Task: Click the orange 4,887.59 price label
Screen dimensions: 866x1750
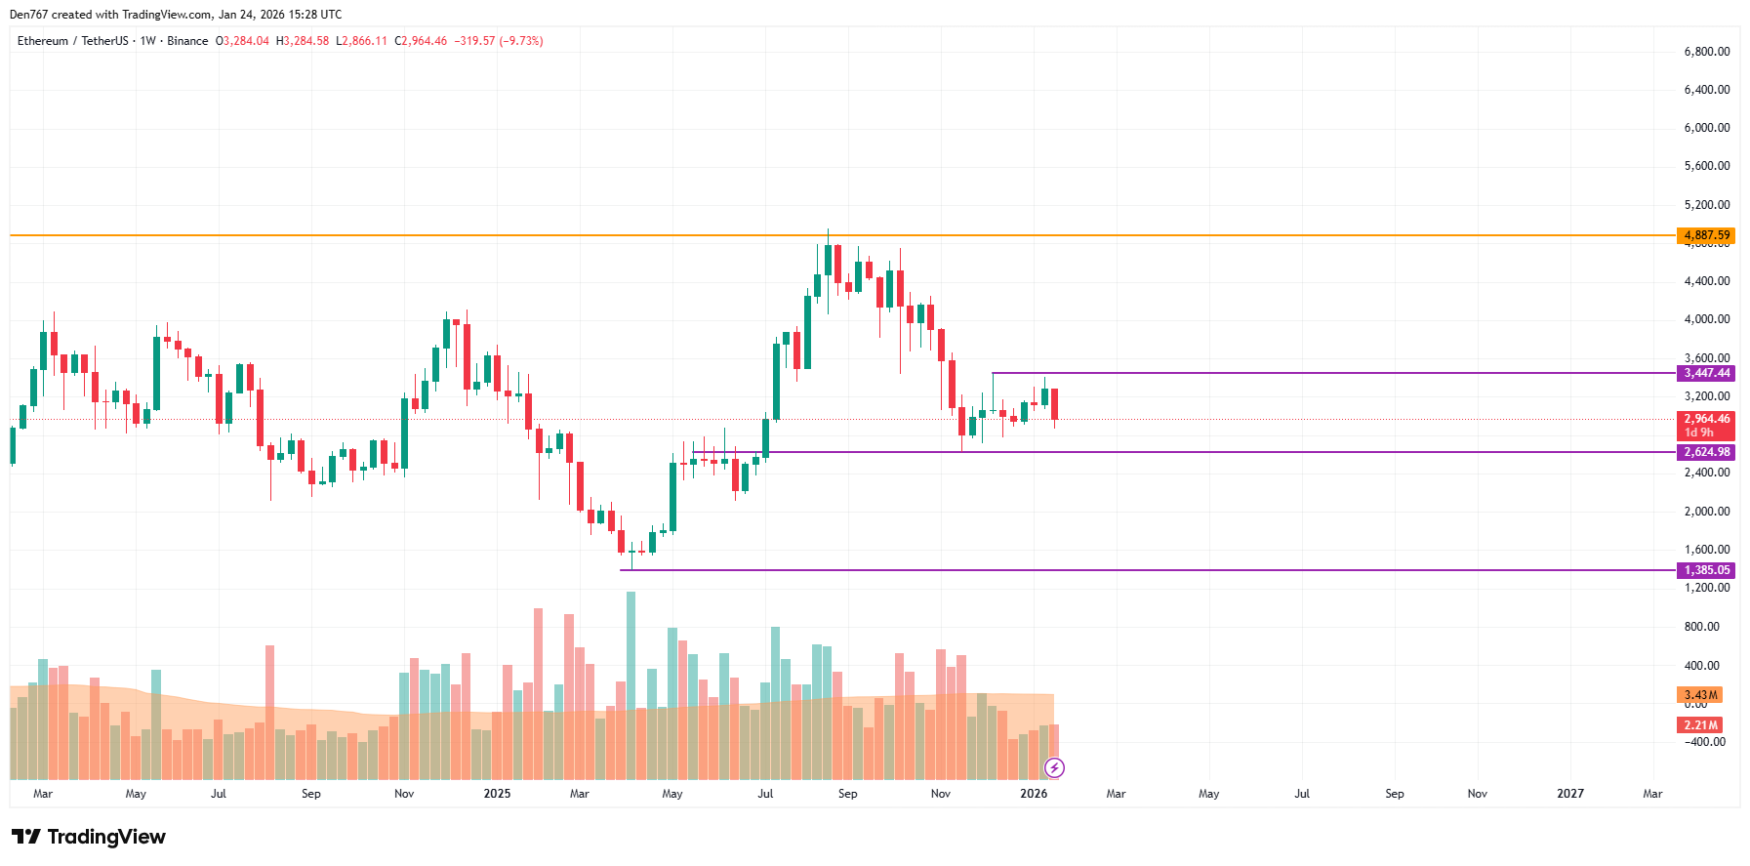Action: click(x=1706, y=235)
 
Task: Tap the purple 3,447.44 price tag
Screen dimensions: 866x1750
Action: click(x=1706, y=373)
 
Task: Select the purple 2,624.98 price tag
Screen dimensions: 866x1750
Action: click(x=1706, y=452)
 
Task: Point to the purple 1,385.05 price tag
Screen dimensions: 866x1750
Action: click(x=1706, y=570)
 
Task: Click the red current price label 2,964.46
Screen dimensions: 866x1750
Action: click(x=1706, y=420)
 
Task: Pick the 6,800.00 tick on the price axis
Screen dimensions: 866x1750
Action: click(x=1706, y=52)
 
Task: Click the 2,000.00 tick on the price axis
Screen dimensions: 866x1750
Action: click(x=1706, y=512)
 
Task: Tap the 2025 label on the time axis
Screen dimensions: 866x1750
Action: click(x=497, y=794)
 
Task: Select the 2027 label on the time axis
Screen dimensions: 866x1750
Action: click(x=1569, y=794)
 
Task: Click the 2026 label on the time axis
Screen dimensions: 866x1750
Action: click(x=1034, y=794)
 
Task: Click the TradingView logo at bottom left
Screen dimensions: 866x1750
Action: click(x=89, y=837)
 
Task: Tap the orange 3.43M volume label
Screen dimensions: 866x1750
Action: click(x=1700, y=695)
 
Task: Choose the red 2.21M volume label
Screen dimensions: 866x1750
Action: click(x=1700, y=725)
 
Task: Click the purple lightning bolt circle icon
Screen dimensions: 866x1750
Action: click(x=1054, y=768)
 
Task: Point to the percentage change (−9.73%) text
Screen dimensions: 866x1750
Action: click(x=521, y=41)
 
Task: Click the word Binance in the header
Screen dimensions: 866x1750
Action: click(x=187, y=41)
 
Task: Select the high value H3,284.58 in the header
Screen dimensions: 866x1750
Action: click(x=303, y=41)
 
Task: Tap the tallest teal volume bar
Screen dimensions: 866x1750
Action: click(x=631, y=683)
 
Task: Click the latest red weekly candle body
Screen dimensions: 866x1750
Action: click(x=1054, y=403)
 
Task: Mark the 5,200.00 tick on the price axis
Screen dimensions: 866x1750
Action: click(x=1706, y=205)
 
